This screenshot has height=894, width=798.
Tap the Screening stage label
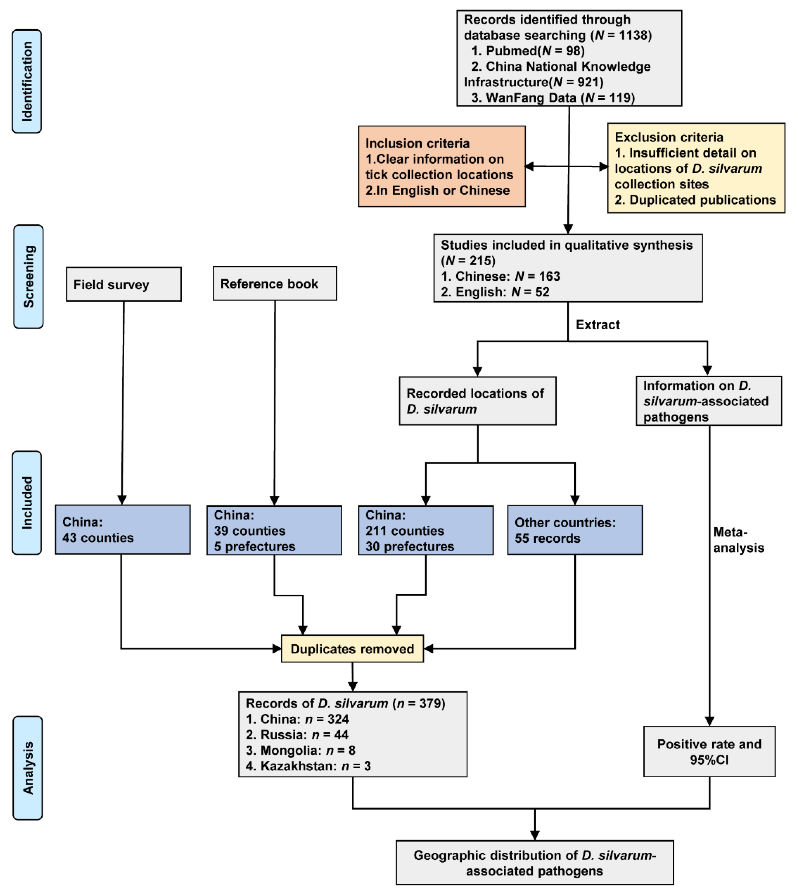28,276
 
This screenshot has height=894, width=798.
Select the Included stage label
27,503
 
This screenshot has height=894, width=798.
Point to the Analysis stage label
28,768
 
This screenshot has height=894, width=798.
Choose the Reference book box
275,283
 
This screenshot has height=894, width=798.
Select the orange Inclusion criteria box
441,166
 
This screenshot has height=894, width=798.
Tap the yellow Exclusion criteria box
696,168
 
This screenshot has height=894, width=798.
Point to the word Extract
598,325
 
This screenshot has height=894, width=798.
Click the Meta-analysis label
738,540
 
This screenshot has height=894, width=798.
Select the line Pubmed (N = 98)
528,51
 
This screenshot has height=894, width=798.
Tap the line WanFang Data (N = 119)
553,98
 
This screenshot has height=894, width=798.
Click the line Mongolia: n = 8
300,750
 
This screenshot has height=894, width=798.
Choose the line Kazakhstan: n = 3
308,766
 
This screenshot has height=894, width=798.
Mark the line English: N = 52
495,292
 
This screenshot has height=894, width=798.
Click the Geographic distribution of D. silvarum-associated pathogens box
535,863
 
